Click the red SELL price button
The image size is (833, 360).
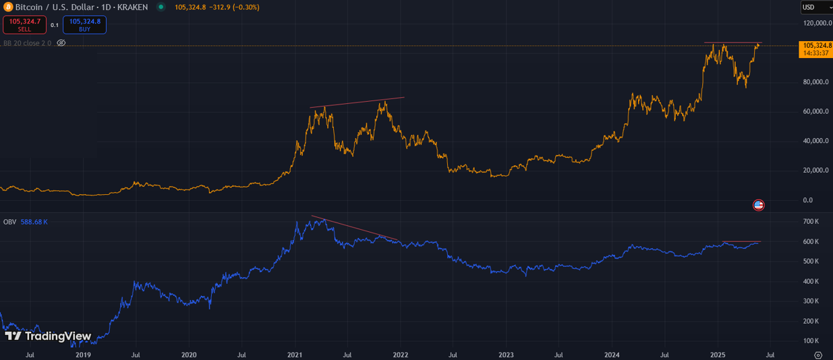[x=24, y=25]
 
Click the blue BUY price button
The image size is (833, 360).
[x=84, y=25]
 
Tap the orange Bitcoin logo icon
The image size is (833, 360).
[x=8, y=7]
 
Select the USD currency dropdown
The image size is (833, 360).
[x=815, y=7]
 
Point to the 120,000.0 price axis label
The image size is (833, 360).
[x=817, y=23]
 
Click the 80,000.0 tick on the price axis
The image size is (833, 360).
[x=817, y=82]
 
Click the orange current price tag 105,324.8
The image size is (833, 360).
[x=815, y=49]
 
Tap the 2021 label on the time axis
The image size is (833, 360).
[x=295, y=354]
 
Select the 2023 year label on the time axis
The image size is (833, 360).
[x=506, y=354]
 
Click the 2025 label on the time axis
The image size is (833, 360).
[x=718, y=354]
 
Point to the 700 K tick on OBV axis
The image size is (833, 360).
[x=811, y=222]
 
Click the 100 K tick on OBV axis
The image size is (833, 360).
[x=811, y=340]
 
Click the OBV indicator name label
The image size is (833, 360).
[x=9, y=222]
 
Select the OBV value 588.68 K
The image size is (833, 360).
[x=34, y=222]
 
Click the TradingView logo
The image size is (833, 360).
[x=47, y=336]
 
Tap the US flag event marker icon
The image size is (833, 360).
[x=758, y=205]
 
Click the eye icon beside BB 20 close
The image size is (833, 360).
[x=61, y=42]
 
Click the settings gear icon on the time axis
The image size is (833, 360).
[x=818, y=355]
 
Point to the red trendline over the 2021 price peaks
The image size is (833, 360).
[x=357, y=102]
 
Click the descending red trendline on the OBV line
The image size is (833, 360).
[x=354, y=228]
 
